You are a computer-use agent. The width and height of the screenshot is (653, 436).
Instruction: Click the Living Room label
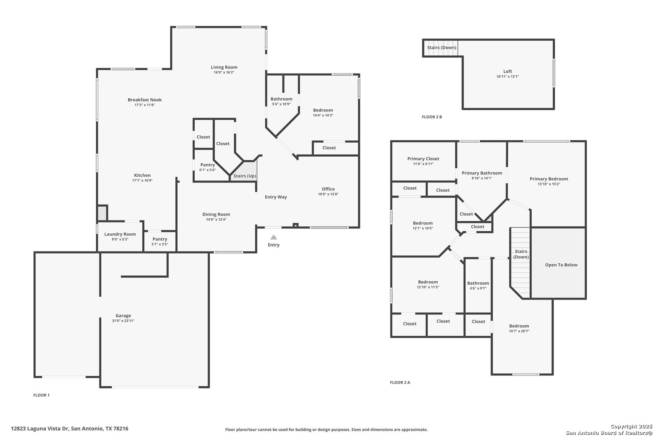pos(224,67)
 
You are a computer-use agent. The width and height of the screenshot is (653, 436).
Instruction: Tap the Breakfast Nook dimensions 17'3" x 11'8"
pos(145,105)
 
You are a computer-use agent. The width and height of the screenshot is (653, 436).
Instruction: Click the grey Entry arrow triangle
pos(274,237)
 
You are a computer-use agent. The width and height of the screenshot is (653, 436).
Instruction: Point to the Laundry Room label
pos(120,234)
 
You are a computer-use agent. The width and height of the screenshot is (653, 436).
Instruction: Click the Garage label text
pos(123,316)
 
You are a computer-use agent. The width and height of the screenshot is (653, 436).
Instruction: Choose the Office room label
pos(328,189)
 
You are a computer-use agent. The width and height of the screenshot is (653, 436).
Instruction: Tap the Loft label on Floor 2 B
pos(507,71)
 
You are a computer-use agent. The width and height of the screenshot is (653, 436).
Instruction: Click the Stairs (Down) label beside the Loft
pos(442,48)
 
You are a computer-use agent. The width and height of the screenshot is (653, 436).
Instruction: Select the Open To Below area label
pos(561,265)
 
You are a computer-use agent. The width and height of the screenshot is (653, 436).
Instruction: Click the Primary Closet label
pos(423,159)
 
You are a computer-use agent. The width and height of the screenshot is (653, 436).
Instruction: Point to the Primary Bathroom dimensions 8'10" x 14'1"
pos(482,178)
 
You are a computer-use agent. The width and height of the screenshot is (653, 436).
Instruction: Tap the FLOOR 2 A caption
pos(400,382)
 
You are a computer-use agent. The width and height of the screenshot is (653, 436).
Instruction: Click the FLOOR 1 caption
pos(41,395)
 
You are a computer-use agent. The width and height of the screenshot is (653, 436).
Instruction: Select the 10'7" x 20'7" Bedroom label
pos(519,326)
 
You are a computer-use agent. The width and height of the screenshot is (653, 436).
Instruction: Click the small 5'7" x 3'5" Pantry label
pos(160,239)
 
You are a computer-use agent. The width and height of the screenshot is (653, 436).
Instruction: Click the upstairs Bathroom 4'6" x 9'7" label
pos(478,283)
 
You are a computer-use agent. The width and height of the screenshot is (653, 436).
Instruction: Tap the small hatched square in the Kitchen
pos(102,213)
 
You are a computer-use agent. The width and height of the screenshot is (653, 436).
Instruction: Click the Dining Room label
pos(216,214)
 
